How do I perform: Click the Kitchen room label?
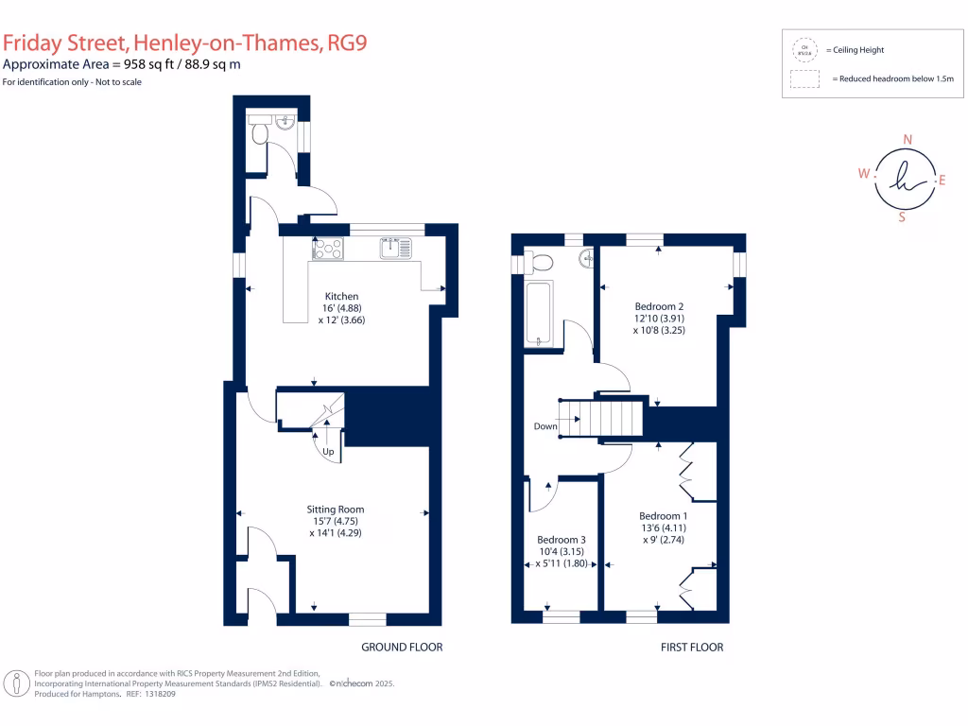point(341,297)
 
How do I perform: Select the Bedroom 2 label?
point(659,306)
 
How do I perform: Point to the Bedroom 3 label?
point(563,540)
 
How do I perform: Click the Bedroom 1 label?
point(661,515)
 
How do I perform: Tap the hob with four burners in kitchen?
point(328,249)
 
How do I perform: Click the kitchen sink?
point(396,249)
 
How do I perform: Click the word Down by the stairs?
point(545,426)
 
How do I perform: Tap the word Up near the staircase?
point(328,452)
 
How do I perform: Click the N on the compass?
point(907,140)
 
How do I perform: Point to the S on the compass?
point(901,216)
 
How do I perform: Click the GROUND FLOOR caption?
point(402,648)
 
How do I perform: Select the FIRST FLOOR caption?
point(691,648)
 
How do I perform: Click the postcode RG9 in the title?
point(346,43)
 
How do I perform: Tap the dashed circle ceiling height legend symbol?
point(804,49)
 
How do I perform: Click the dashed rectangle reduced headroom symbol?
point(804,79)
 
